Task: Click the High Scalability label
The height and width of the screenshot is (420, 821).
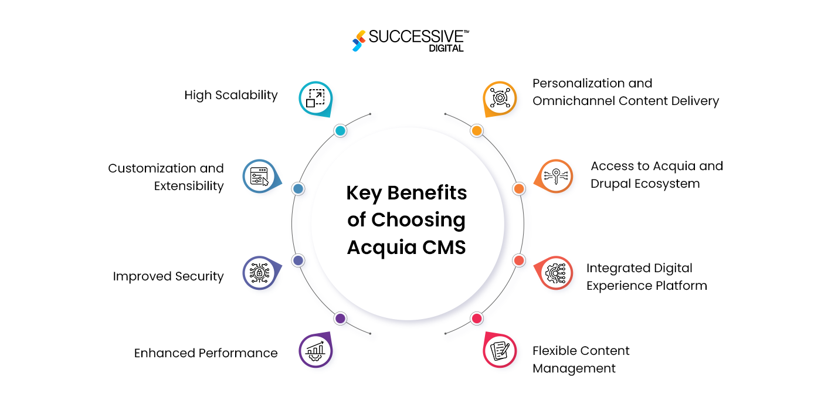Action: (231, 95)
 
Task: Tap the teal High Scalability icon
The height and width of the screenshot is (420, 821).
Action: (315, 98)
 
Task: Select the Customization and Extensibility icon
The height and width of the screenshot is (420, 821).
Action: (259, 176)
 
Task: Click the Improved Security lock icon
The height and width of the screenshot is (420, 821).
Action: (259, 273)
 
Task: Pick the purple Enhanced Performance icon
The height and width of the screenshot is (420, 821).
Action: (315, 350)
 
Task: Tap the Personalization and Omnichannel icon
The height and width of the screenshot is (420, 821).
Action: (500, 98)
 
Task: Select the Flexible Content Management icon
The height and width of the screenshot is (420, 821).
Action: (500, 350)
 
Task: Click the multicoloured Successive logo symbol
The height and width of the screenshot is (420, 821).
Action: (358, 40)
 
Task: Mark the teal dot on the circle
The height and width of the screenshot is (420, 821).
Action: (340, 131)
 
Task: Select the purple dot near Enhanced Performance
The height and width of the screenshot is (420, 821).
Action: (340, 319)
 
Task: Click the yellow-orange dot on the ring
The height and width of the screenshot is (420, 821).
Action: (477, 131)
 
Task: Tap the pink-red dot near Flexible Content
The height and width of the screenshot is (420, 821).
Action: (477, 319)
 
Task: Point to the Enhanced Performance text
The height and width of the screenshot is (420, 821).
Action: (206, 353)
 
